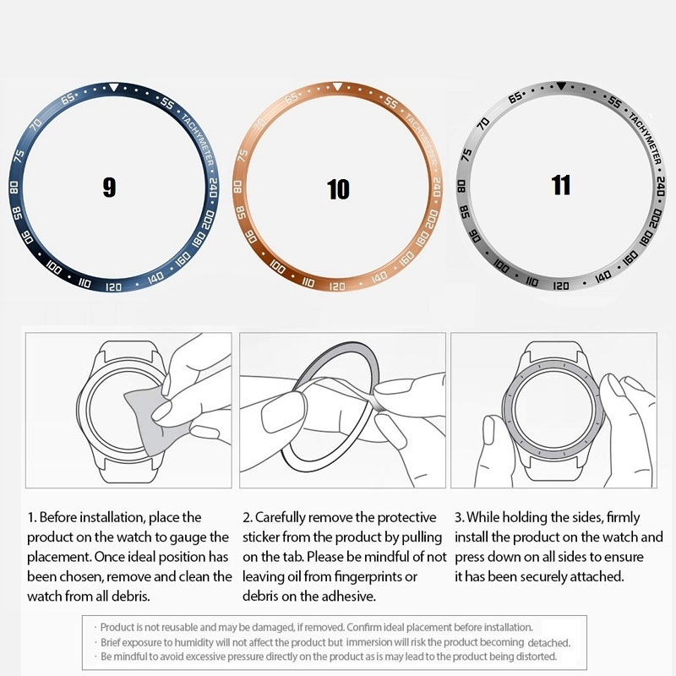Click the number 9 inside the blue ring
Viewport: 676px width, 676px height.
coord(109,187)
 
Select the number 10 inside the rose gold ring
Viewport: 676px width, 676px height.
coord(338,189)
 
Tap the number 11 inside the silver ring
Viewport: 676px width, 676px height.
coord(561,184)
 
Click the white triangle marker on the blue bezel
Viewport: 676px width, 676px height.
coord(113,86)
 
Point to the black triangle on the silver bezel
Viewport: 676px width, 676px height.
coord(561,85)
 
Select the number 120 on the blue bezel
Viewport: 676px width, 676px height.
coord(113,287)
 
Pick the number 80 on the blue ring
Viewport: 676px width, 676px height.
coord(14,187)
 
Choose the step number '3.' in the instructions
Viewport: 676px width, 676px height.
coord(459,517)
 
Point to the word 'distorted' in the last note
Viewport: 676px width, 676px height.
coord(533,657)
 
